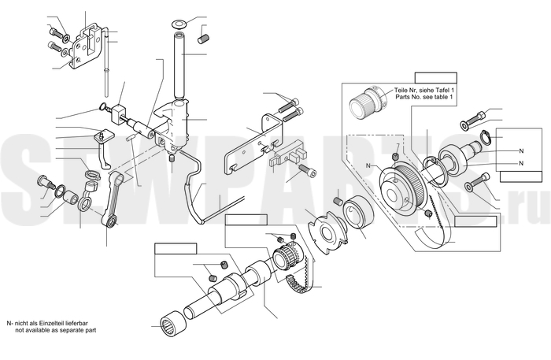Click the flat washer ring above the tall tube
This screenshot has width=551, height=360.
(179, 24)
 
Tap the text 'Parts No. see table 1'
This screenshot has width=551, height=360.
(424, 97)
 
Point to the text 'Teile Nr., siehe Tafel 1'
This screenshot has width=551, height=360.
(423, 90)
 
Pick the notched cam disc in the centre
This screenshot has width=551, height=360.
(327, 233)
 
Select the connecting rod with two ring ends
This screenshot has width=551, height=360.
(112, 199)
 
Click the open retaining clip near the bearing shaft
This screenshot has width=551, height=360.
(486, 137)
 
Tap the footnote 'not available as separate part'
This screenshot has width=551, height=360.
(56, 330)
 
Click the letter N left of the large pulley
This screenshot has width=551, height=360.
(368, 165)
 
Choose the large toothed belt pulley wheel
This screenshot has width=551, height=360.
(403, 190)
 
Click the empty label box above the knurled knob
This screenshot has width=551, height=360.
(436, 78)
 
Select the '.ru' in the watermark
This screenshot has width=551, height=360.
(527, 207)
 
